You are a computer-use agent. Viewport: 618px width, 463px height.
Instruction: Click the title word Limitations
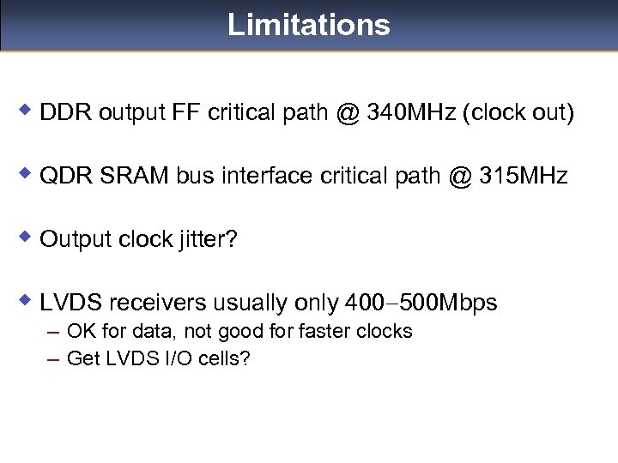coord(308,25)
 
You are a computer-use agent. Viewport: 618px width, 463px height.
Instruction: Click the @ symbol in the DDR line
coord(347,113)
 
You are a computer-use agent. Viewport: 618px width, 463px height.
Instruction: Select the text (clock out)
coord(518,113)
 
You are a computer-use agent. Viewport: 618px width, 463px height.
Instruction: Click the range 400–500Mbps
coord(420,303)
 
